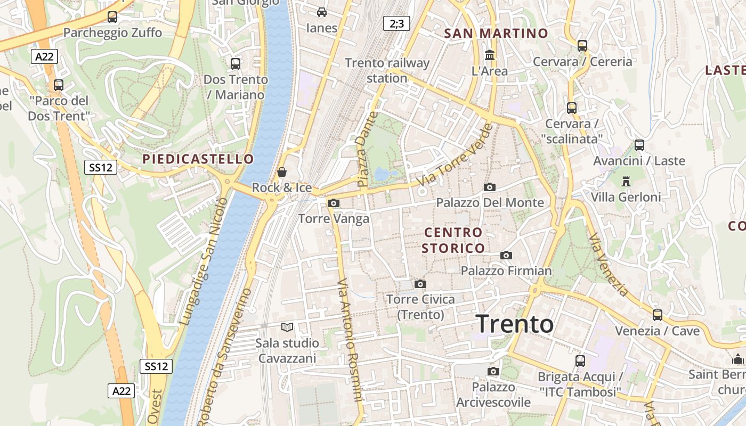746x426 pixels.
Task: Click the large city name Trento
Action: (x=515, y=324)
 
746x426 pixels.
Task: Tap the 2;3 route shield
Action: (x=396, y=23)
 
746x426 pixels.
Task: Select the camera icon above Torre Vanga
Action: (x=334, y=203)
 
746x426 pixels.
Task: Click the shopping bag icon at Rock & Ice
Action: (x=282, y=172)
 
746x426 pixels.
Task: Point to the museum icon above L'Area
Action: (x=490, y=55)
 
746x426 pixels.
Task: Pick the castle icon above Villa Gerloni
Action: (x=626, y=181)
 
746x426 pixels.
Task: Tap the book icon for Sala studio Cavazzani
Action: (x=287, y=327)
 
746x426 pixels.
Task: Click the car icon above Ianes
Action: (x=322, y=12)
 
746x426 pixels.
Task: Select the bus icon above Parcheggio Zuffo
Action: (x=112, y=17)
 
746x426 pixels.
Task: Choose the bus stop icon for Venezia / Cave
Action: (x=658, y=315)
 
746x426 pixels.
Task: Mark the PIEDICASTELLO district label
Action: (x=198, y=159)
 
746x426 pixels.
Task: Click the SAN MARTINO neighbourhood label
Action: (x=496, y=33)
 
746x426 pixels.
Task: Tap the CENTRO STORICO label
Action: (x=453, y=240)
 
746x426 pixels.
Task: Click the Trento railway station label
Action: (x=387, y=70)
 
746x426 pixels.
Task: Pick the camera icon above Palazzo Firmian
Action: (x=506, y=256)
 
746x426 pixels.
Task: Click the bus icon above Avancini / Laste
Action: (x=639, y=145)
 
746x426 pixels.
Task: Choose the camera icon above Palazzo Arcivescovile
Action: (x=493, y=371)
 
